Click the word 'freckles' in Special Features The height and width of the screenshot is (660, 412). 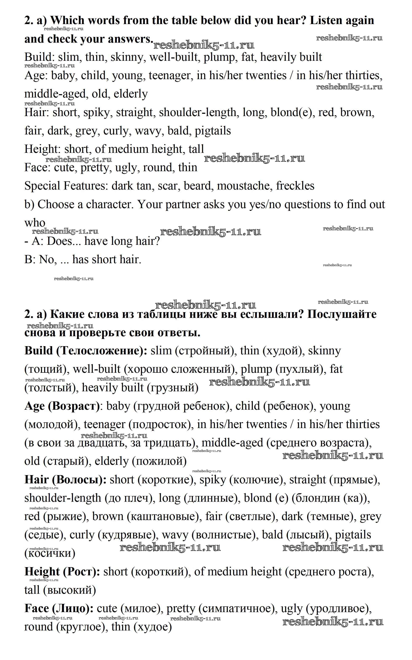click(295, 186)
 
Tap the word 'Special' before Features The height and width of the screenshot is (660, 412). click(42, 186)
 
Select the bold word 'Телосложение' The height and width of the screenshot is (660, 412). click(101, 351)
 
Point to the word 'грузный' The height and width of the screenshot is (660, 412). click(172, 388)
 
